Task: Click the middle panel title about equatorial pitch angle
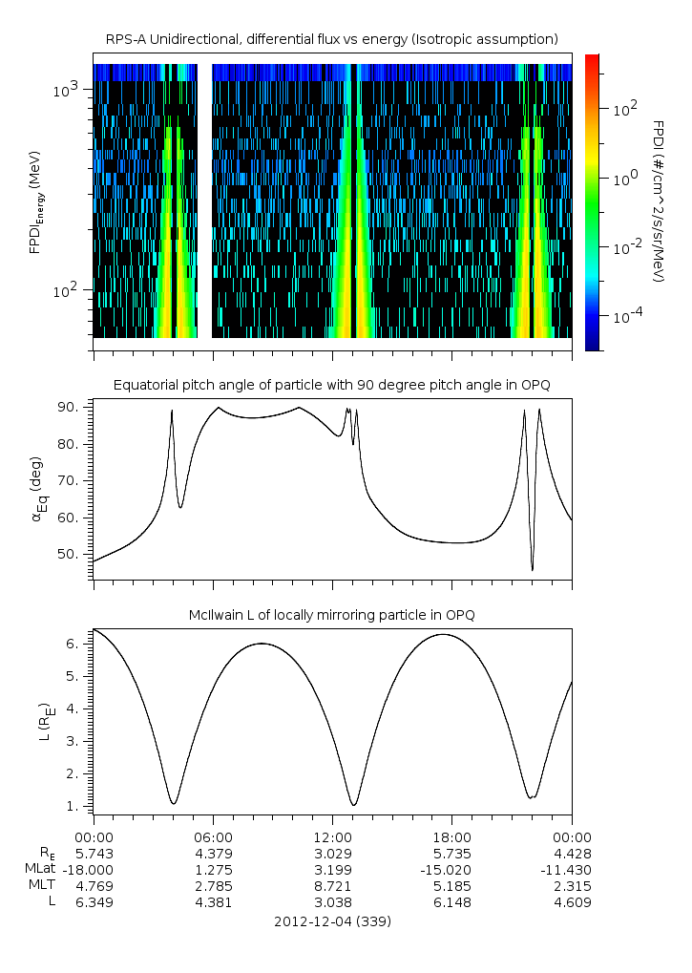click(x=331, y=385)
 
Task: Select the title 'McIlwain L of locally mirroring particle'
click(x=331, y=615)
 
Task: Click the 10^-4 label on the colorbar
click(x=624, y=315)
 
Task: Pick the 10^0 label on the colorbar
click(x=624, y=179)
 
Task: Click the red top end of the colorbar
click(x=592, y=59)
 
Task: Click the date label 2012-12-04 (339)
click(x=332, y=921)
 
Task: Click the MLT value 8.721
click(x=332, y=885)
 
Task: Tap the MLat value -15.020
click(x=451, y=869)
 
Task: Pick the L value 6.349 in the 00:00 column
click(x=94, y=901)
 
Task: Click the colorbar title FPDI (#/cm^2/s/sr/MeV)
click(x=658, y=201)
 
